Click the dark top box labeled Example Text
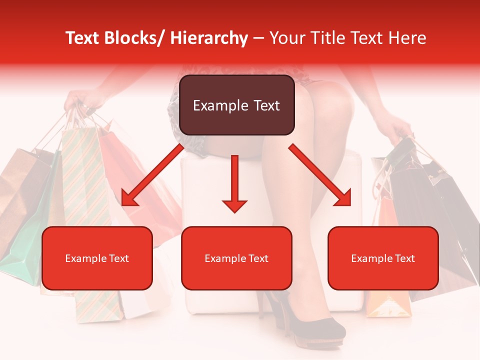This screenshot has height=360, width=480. click(x=236, y=105)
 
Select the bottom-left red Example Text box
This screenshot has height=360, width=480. click(x=97, y=258)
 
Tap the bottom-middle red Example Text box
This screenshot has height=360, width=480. click(x=236, y=258)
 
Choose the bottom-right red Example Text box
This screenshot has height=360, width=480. click(x=383, y=258)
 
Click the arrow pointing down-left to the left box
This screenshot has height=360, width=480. click(x=151, y=174)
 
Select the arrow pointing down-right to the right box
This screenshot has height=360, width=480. click(x=320, y=174)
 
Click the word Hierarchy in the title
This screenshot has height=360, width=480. click(x=209, y=38)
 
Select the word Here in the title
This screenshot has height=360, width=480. click(x=408, y=38)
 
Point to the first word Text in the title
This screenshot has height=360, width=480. click(x=83, y=38)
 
